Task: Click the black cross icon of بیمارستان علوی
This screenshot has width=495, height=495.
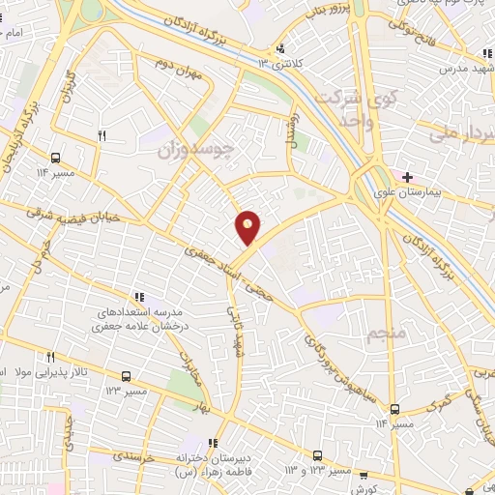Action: pyautogui.click(x=408, y=177)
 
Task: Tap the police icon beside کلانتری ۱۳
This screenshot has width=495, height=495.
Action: pyautogui.click(x=281, y=47)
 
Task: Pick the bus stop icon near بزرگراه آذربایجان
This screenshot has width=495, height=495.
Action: pyautogui.click(x=55, y=157)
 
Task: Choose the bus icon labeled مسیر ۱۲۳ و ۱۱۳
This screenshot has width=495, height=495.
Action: pyautogui.click(x=317, y=455)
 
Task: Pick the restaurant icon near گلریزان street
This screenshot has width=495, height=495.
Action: pyautogui.click(x=102, y=136)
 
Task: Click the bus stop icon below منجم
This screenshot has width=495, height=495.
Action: pyautogui.click(x=394, y=409)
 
